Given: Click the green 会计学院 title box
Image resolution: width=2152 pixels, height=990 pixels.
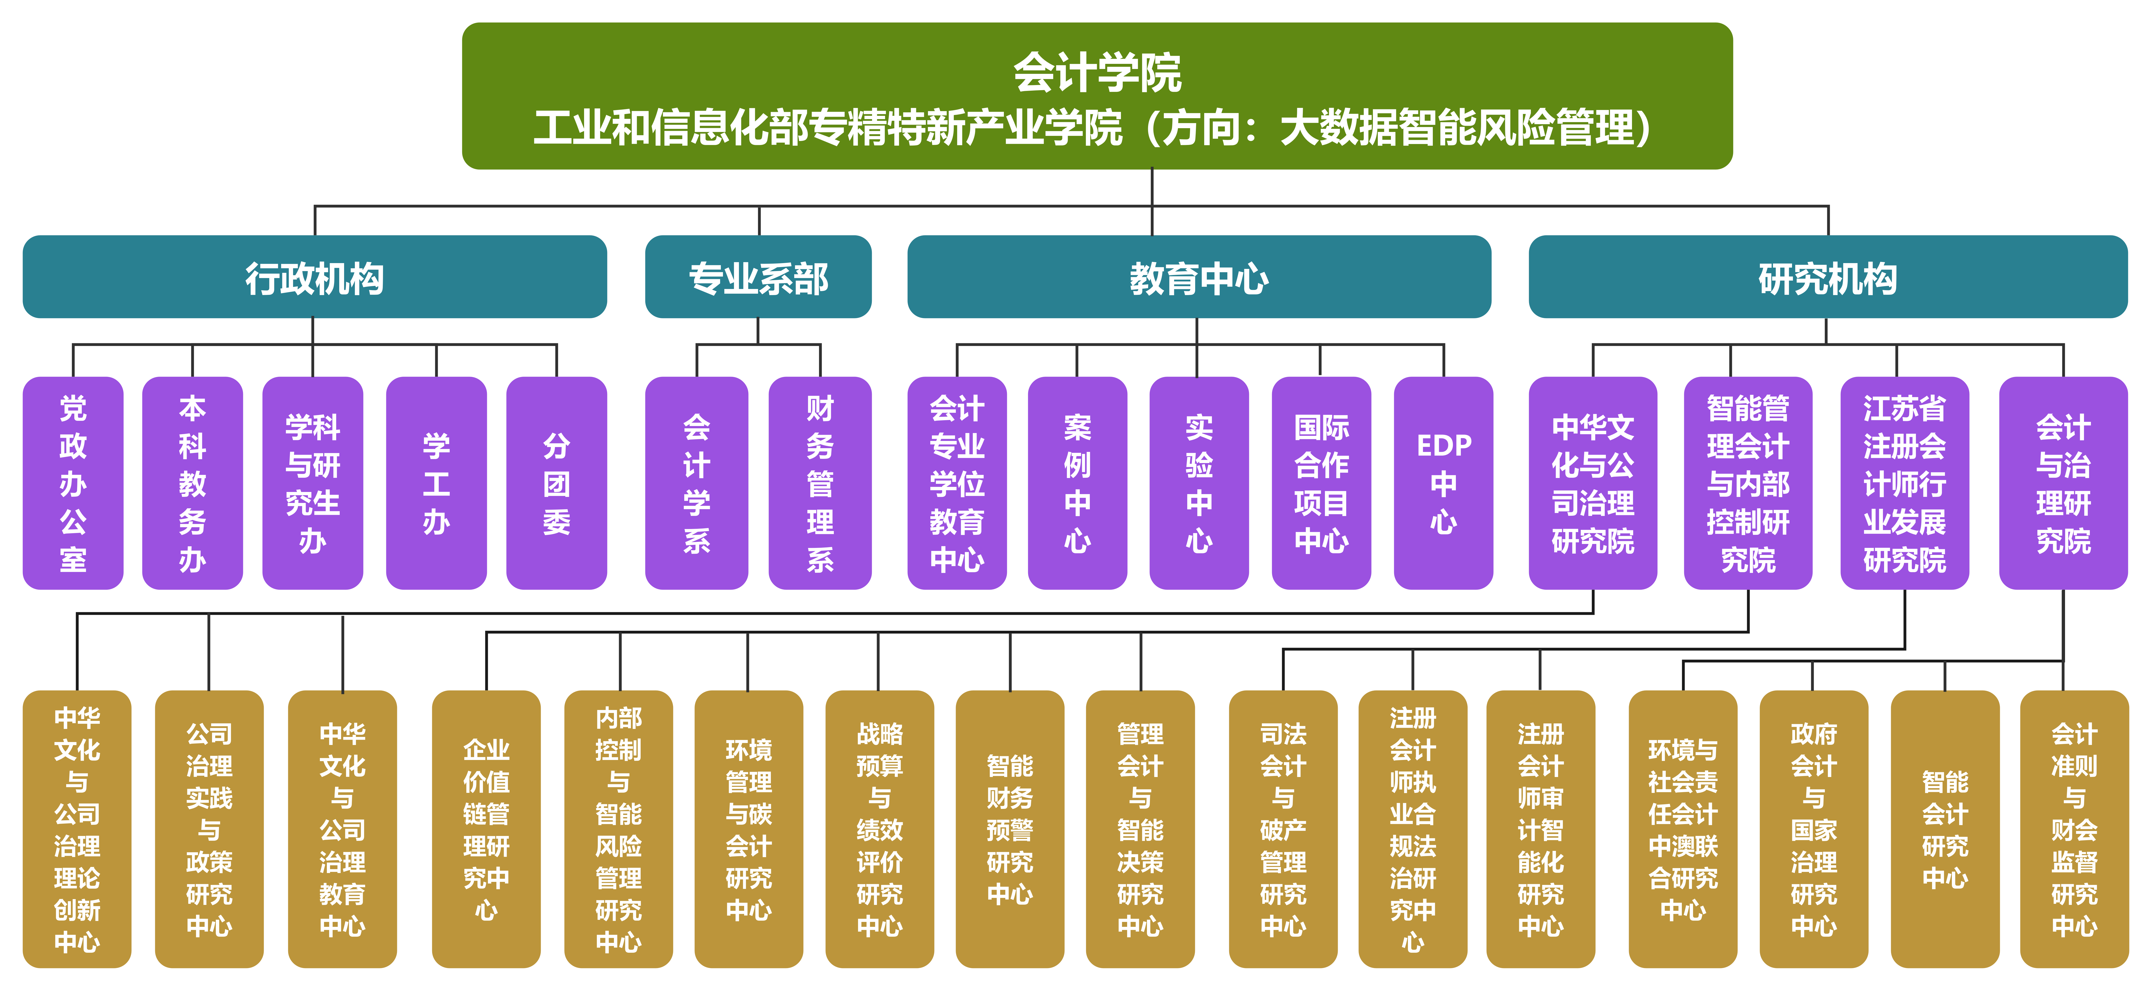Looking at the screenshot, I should pyautogui.click(x=1097, y=96).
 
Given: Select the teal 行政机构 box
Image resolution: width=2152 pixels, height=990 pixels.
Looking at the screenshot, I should pyautogui.click(x=314, y=277).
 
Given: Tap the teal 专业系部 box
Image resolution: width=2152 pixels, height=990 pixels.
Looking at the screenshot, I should pyautogui.click(x=758, y=277).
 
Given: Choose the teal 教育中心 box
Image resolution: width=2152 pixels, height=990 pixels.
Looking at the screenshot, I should pyautogui.click(x=1199, y=277).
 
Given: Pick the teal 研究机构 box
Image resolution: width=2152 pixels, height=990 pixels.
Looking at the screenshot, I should pyautogui.click(x=1827, y=277).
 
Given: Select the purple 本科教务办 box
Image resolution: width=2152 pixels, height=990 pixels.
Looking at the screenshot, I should pyautogui.click(x=192, y=483).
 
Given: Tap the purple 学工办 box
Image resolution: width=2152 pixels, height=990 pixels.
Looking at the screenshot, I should pyautogui.click(x=436, y=483).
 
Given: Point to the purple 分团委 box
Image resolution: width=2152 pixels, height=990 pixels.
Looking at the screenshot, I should pyautogui.click(x=556, y=483).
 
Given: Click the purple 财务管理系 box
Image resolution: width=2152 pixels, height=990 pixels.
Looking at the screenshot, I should pyautogui.click(x=820, y=483).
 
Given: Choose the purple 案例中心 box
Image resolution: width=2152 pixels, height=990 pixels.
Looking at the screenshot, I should pyautogui.click(x=1077, y=483).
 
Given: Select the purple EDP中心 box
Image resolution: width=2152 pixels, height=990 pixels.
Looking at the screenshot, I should pyautogui.click(x=1443, y=483).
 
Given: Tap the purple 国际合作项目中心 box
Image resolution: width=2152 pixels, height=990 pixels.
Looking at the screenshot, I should pyautogui.click(x=1321, y=483).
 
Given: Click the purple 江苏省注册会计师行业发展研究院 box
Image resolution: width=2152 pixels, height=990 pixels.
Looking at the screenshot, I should pyautogui.click(x=1904, y=483).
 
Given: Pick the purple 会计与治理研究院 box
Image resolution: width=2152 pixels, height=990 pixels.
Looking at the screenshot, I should pyautogui.click(x=2063, y=483).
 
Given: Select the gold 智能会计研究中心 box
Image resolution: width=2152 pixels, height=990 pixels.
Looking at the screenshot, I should pyautogui.click(x=1945, y=829).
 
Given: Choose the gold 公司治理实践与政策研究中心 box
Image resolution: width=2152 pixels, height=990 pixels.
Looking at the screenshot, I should pyautogui.click(x=209, y=829).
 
